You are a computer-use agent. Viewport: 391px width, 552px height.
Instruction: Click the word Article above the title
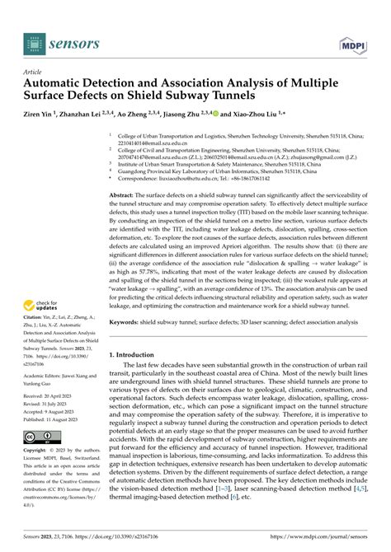coord(34,72)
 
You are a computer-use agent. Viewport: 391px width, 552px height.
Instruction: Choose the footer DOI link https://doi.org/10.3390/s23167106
coord(115,536)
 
